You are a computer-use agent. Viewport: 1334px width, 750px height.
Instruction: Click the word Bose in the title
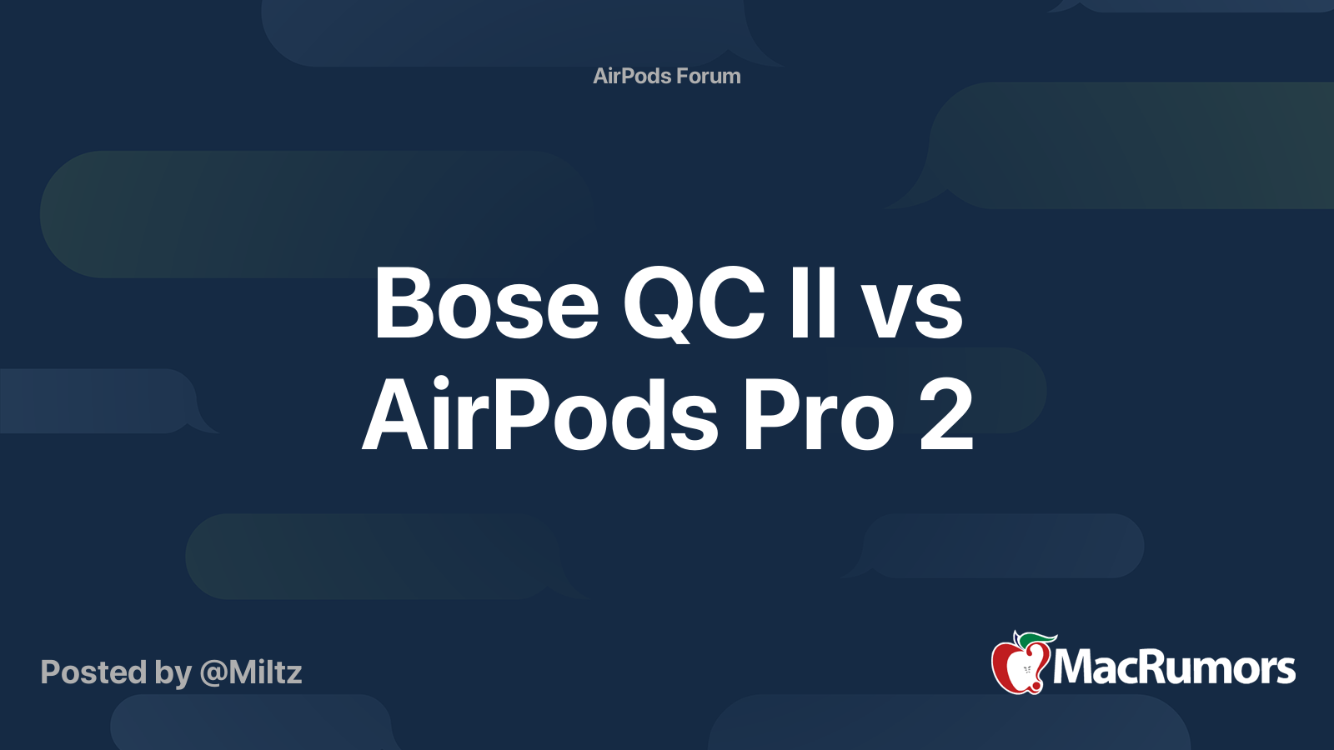click(485, 302)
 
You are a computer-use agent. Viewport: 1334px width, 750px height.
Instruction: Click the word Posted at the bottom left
click(93, 672)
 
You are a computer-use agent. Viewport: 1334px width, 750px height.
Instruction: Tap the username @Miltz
click(251, 672)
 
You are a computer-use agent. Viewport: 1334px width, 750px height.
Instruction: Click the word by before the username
click(173, 674)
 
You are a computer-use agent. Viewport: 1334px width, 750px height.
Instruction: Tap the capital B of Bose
click(401, 302)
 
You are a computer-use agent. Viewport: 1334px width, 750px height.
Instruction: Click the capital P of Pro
click(770, 414)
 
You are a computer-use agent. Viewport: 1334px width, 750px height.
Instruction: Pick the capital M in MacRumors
click(1077, 667)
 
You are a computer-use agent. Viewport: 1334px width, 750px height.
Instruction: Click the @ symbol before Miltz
click(213, 674)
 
